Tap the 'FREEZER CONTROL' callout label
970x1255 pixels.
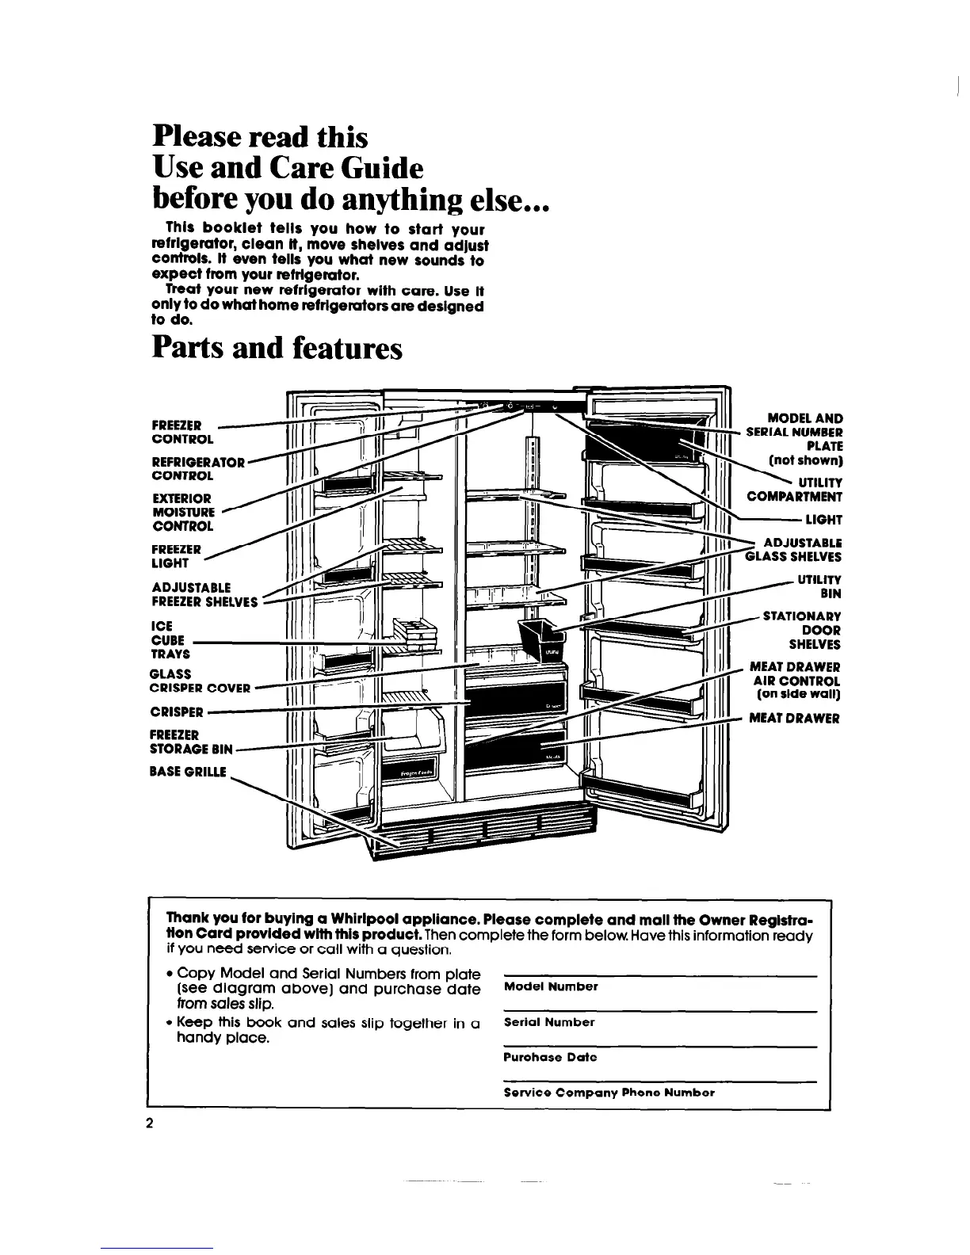tap(181, 432)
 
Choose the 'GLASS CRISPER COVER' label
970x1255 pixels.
tap(200, 681)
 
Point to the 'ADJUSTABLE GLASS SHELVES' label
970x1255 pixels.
tap(793, 549)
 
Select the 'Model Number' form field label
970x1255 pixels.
tap(551, 987)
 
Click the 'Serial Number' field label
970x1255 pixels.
tap(549, 1022)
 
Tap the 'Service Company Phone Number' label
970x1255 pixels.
tap(609, 1092)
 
